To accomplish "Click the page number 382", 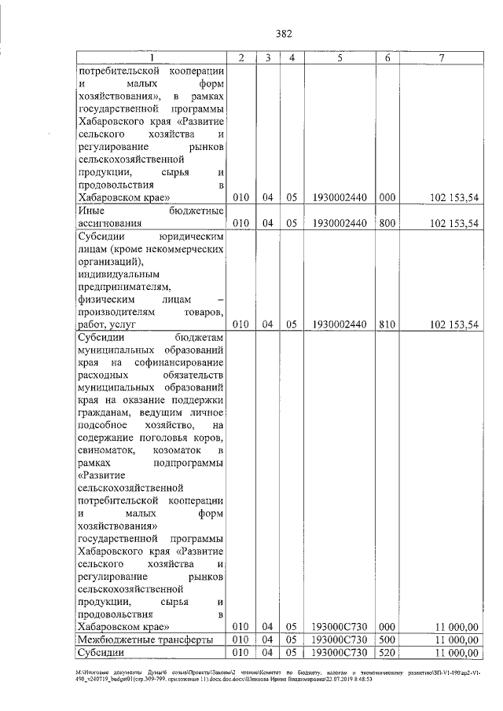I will (284, 33).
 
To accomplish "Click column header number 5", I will (340, 58).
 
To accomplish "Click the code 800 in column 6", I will (386, 223).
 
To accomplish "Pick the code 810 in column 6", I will (386, 324).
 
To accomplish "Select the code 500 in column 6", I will (386, 640).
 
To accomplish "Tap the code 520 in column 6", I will (386, 652).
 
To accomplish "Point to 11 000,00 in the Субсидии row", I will (455, 652).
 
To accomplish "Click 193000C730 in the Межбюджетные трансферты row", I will (340, 640).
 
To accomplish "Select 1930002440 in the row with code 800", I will (340, 223).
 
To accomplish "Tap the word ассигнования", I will (111, 223).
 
